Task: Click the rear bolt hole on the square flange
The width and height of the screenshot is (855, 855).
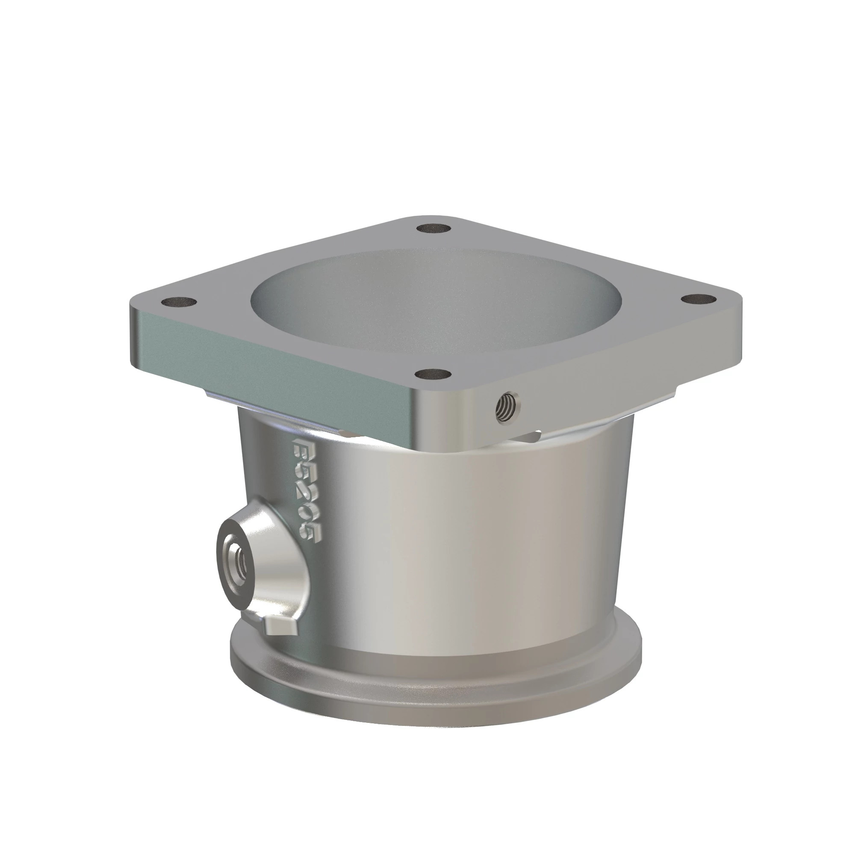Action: [x=433, y=229]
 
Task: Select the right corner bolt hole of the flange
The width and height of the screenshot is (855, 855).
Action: [x=699, y=299]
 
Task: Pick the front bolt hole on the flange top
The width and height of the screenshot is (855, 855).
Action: [x=433, y=374]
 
